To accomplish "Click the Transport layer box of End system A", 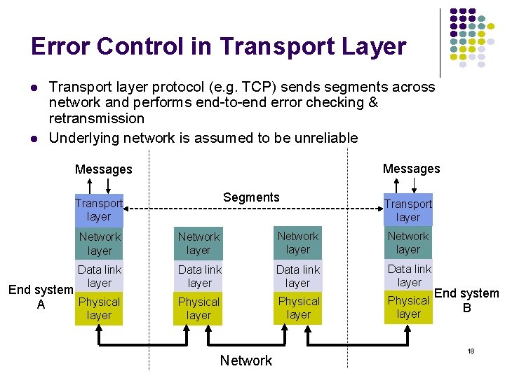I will point(99,209).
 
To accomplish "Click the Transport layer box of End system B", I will point(408,210).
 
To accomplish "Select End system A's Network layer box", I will point(99,243).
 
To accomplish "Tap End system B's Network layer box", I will point(408,242).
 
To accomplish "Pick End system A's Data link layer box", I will point(99,276).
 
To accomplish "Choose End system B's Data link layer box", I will point(409,275).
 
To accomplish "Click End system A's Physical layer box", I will point(99,308).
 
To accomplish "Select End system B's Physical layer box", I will point(408,307).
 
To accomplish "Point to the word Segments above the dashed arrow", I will point(251,197).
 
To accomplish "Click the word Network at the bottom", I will point(245,360).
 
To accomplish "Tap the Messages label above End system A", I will point(103,169).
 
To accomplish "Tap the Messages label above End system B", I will point(411,169).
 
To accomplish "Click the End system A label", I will point(40,297).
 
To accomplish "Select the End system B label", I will point(467,300).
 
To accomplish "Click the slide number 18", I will point(471,349).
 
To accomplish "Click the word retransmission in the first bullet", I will point(96,118).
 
